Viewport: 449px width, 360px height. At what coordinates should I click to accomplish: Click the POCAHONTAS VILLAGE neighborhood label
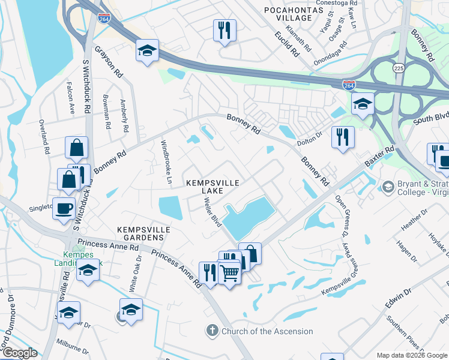(x=290, y=13)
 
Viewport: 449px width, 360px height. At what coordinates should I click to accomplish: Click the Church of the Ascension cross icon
(x=212, y=331)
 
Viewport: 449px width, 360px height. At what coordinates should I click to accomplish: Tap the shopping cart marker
(x=229, y=273)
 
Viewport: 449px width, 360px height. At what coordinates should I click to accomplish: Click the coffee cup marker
(x=64, y=209)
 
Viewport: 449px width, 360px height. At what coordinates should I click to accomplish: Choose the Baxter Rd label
(x=381, y=157)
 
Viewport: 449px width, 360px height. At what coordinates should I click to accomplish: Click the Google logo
(x=20, y=353)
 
